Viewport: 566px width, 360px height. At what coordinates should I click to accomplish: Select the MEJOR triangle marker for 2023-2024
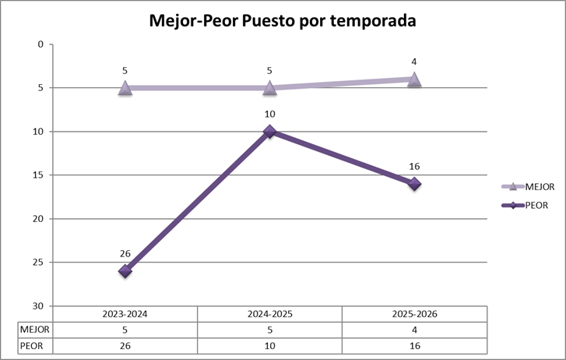125,88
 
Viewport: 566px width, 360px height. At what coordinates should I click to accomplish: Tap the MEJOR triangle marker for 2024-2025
269,88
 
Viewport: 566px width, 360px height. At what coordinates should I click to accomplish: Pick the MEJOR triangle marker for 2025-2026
414,79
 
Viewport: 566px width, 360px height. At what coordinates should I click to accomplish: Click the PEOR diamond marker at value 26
125,270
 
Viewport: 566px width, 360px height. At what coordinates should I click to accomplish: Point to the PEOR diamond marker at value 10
269,132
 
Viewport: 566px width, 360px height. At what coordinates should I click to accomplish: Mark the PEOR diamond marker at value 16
414,184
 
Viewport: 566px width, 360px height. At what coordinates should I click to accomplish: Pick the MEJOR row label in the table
34,329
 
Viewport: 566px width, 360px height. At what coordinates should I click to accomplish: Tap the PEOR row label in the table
32,344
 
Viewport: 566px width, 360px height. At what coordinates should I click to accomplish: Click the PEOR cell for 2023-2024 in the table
125,344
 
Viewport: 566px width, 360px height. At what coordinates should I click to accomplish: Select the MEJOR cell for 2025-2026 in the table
414,329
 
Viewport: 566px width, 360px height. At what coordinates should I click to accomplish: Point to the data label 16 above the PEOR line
414,166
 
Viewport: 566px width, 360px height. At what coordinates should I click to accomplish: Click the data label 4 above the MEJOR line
414,61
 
